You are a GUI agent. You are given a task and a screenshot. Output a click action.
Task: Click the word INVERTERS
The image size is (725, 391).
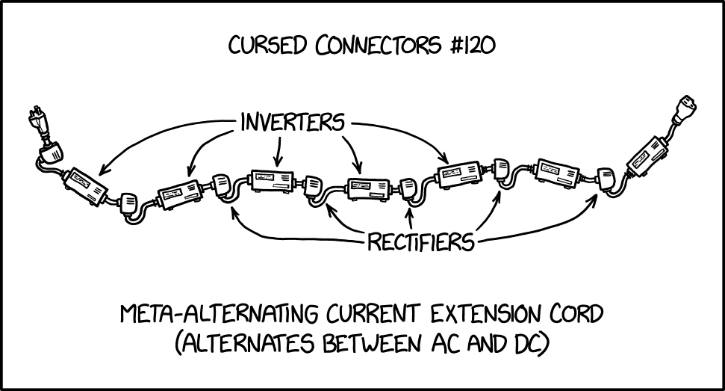[x=292, y=121]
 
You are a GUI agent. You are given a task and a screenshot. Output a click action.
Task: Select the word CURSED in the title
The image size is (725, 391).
[x=269, y=46]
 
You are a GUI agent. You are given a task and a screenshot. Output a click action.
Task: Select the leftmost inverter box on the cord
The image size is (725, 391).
[x=85, y=185]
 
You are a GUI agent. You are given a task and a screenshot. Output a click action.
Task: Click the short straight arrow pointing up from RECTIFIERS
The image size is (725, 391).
[x=409, y=218]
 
